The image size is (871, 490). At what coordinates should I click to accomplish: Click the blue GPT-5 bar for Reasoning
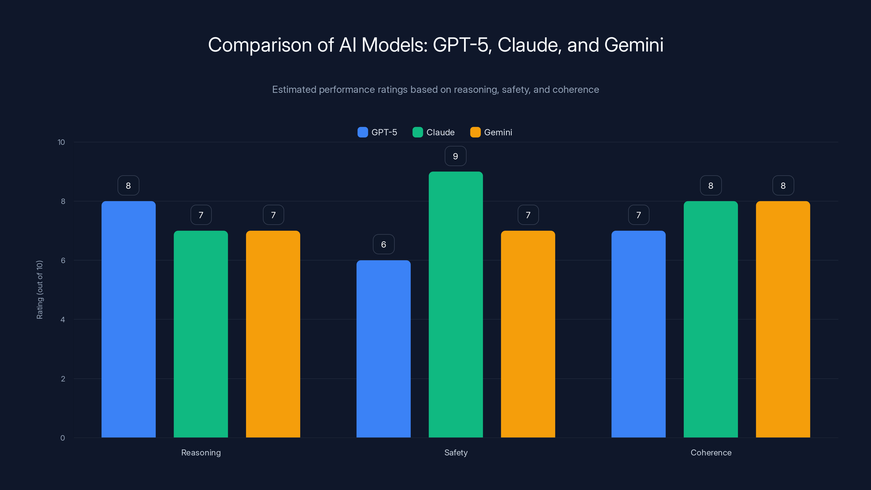(x=128, y=319)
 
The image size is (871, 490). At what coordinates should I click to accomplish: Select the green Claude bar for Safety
(x=456, y=304)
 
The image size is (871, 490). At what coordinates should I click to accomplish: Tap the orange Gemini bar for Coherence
(x=783, y=319)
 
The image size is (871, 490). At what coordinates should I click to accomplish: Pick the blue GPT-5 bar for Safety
(x=384, y=349)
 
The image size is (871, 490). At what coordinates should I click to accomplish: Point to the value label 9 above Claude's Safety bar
(x=455, y=156)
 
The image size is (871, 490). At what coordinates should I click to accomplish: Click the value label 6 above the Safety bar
(x=384, y=244)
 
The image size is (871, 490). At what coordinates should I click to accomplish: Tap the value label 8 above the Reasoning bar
(x=128, y=186)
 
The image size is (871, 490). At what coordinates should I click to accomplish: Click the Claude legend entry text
(x=440, y=132)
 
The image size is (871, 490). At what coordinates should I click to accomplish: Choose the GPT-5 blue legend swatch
(x=363, y=132)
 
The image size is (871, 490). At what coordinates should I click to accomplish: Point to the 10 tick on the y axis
(x=61, y=142)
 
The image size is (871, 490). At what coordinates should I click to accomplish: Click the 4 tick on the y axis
(x=63, y=320)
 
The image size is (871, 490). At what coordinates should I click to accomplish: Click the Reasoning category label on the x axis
(x=201, y=452)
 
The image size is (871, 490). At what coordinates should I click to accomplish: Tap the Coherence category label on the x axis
(x=711, y=452)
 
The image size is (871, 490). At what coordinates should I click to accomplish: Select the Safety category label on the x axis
(x=456, y=452)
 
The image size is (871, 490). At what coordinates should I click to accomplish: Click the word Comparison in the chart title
(x=260, y=45)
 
